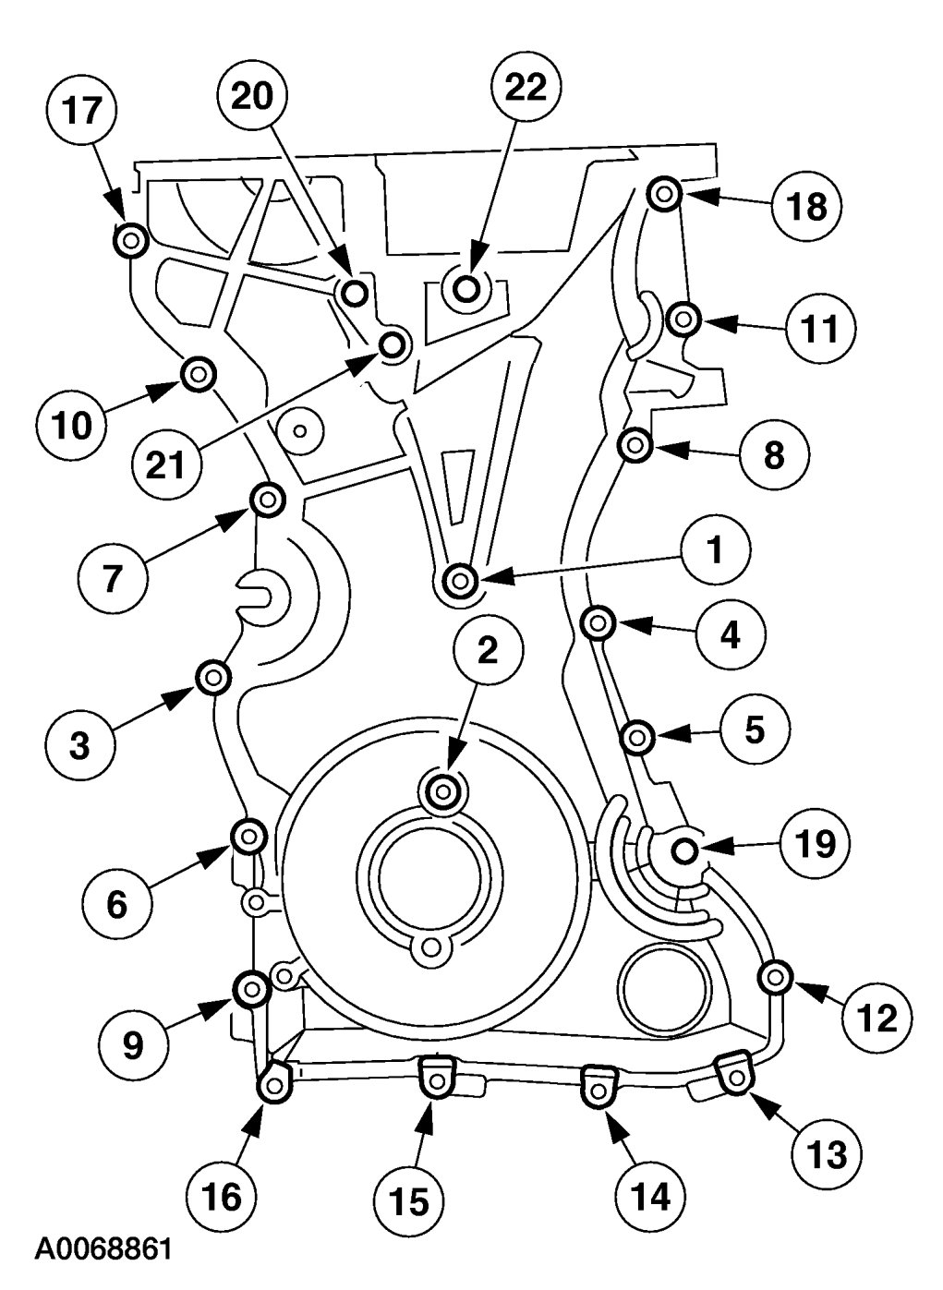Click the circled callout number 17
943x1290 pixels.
[82, 110]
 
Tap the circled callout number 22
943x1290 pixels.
[526, 88]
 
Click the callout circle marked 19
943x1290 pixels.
[815, 844]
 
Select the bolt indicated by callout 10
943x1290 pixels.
[199, 375]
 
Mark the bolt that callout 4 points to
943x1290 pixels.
[598, 622]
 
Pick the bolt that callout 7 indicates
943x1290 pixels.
[267, 500]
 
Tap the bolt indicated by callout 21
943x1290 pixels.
[393, 345]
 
